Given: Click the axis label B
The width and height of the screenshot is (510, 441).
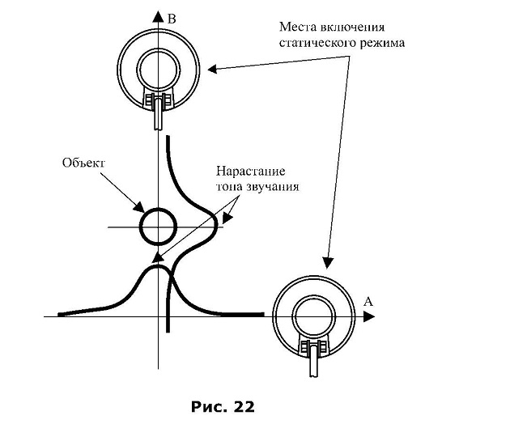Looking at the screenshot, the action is click(172, 19).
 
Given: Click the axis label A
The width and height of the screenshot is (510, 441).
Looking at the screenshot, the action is click(368, 302).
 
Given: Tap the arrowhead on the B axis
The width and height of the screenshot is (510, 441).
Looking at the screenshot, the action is click(158, 16).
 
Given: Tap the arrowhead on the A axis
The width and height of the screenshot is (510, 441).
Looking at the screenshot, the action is click(369, 316).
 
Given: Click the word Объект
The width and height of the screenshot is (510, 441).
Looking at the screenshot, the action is click(84, 163).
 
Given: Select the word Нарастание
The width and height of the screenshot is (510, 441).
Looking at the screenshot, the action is click(250, 171).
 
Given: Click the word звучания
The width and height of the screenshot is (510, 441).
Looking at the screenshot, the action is click(272, 187).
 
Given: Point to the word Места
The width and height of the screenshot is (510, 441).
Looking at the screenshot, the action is click(298, 27).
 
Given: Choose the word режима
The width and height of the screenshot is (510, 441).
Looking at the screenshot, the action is click(382, 43).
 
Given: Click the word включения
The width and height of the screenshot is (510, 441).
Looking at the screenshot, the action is click(352, 27).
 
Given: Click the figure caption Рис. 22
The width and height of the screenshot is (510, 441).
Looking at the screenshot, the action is click(223, 407).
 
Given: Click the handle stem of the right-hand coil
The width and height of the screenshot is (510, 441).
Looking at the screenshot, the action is click(314, 361).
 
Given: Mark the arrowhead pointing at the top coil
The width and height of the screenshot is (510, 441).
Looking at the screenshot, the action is click(212, 69).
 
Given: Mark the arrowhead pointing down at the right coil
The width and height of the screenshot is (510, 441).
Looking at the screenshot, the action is click(328, 263).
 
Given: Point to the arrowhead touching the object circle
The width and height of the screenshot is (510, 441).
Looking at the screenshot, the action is click(140, 207).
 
